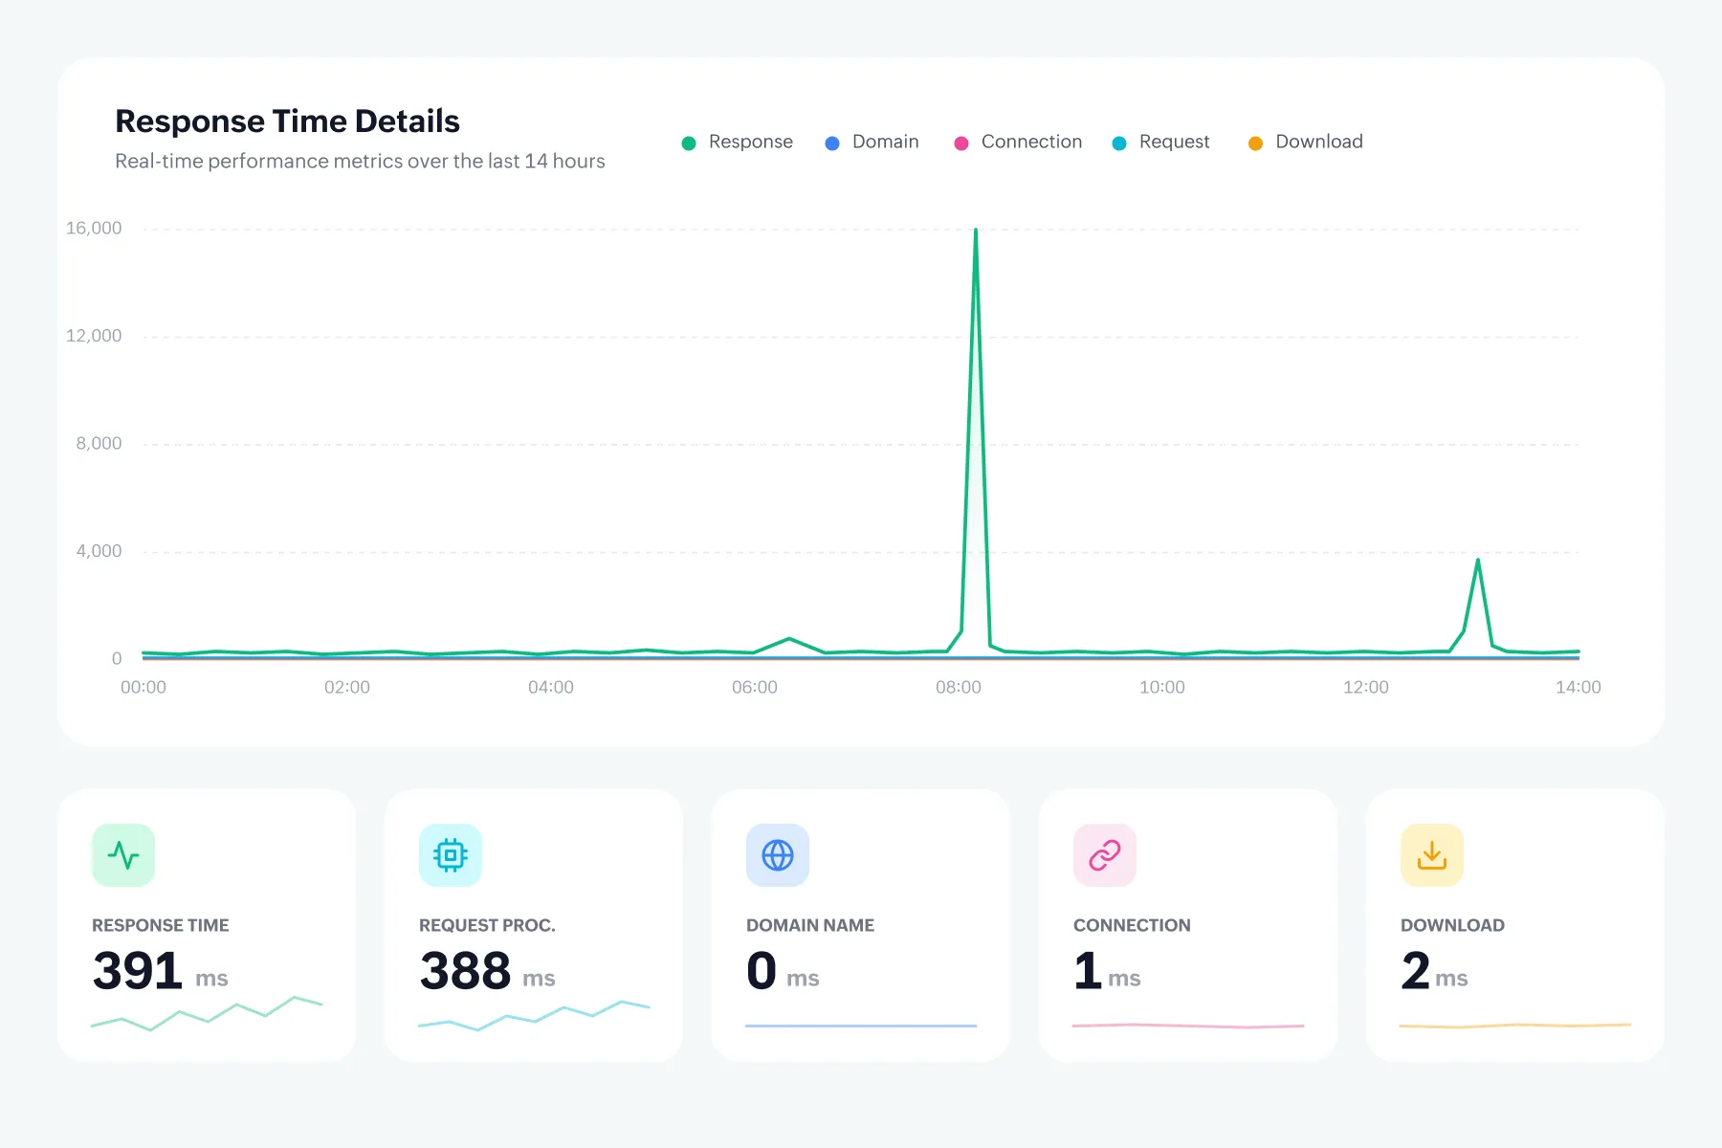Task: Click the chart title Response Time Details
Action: click(x=287, y=121)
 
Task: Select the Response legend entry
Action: click(x=737, y=142)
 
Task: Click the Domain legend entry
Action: click(x=872, y=142)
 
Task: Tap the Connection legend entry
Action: click(x=1018, y=142)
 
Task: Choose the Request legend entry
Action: click(x=1160, y=142)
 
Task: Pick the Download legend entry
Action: click(x=1305, y=142)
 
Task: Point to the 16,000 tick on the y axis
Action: click(x=94, y=228)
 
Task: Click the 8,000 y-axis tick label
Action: click(x=99, y=443)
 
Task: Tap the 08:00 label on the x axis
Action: click(x=959, y=687)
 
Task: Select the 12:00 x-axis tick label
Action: click(x=1366, y=687)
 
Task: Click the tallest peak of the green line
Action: click(x=976, y=230)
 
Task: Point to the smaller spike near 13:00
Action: click(x=1478, y=560)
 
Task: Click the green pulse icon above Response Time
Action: click(x=123, y=854)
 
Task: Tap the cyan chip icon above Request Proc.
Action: click(x=451, y=854)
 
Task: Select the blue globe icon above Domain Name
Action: click(x=778, y=854)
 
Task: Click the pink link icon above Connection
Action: click(x=1105, y=854)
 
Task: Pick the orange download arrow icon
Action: click(x=1432, y=854)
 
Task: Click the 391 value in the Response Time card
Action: click(x=138, y=971)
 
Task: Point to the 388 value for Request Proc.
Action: click(x=465, y=971)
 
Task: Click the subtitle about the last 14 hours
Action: click(x=360, y=161)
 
